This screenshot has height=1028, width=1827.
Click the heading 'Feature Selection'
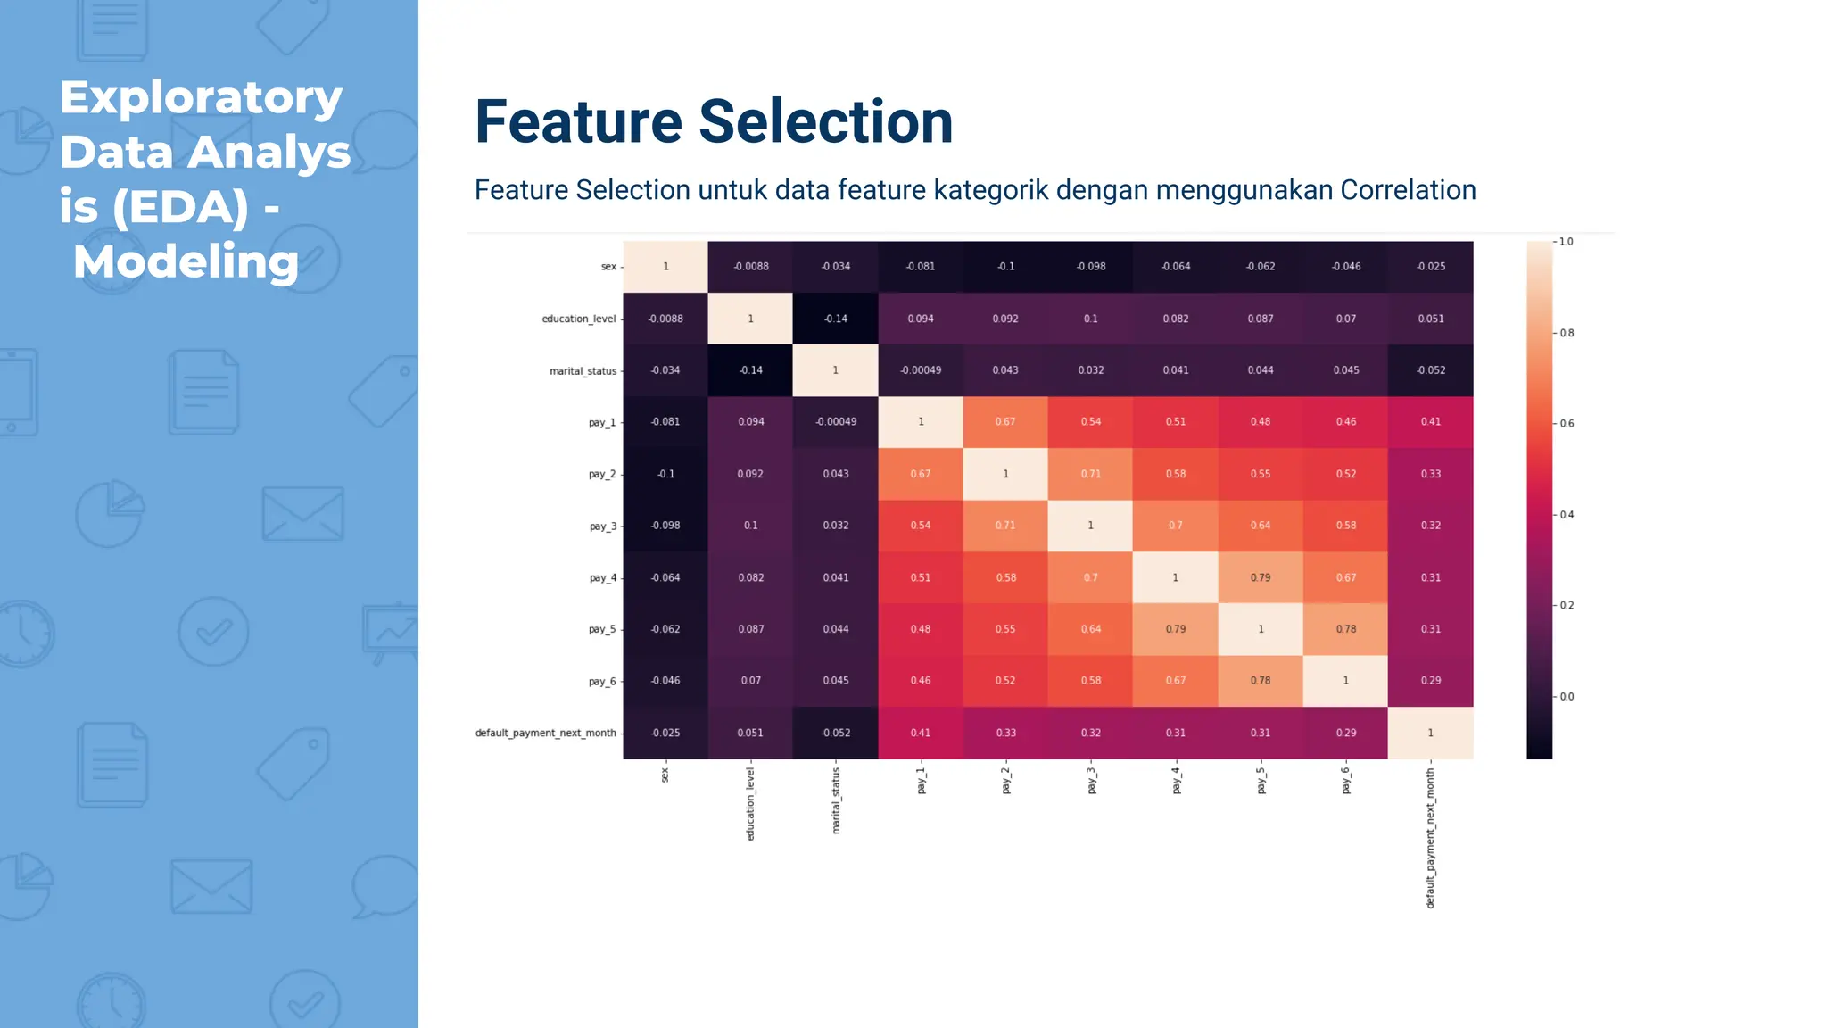tap(714, 122)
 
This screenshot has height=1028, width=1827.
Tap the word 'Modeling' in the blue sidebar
tap(186, 262)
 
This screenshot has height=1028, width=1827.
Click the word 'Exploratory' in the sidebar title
tap(201, 97)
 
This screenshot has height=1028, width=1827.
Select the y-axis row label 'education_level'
tap(578, 319)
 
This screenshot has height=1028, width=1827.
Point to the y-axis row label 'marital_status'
tap(583, 371)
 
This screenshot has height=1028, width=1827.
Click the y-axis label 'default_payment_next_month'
tap(545, 733)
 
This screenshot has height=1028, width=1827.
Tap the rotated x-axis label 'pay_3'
tap(1091, 781)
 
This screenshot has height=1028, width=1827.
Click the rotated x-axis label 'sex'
tap(665, 775)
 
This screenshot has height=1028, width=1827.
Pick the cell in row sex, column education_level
tap(750, 267)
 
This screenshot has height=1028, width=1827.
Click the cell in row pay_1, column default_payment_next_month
tap(1430, 422)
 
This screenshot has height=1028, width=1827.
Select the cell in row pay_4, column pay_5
tap(1260, 577)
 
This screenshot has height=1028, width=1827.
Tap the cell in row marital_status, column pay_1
tap(920, 370)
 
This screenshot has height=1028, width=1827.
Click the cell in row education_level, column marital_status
tap(835, 319)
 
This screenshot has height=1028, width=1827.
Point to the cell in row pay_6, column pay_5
tap(1260, 681)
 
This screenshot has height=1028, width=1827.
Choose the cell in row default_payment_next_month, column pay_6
tap(1345, 733)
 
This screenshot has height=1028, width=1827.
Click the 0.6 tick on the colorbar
tap(1566, 424)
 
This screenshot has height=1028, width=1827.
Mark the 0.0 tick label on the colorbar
tap(1567, 697)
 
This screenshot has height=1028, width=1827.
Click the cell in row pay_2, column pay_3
tap(1090, 474)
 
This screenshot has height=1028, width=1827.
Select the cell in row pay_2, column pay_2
tap(1005, 474)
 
